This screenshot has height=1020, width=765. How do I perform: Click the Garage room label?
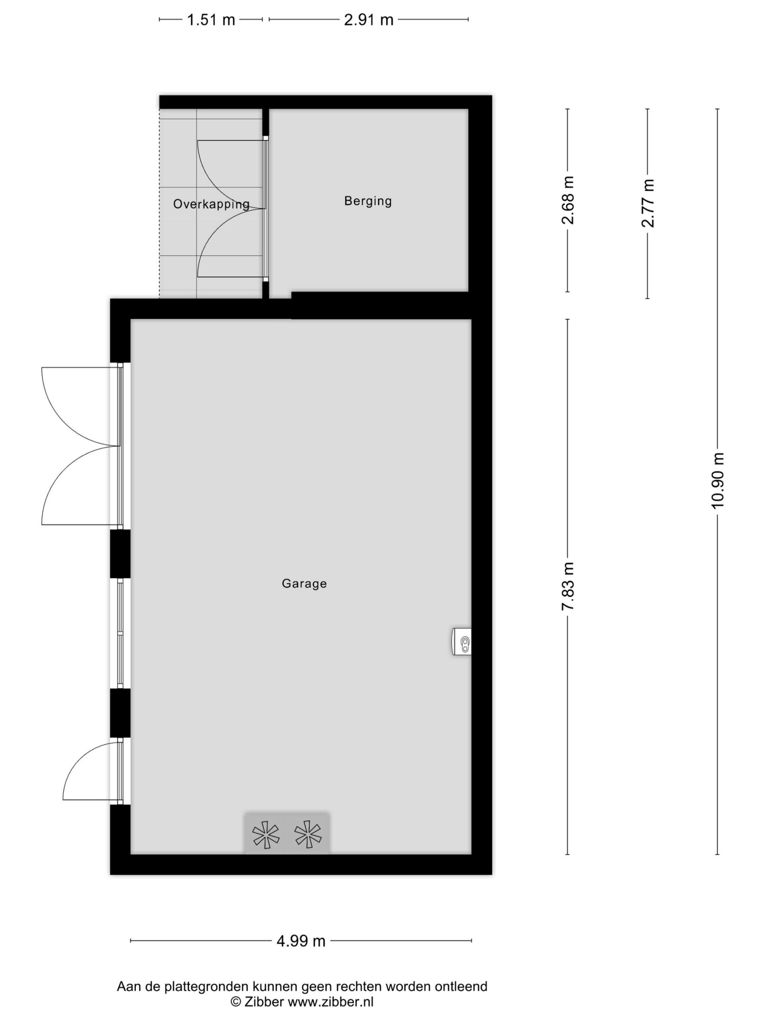tap(304, 584)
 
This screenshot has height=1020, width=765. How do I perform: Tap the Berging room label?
tap(368, 201)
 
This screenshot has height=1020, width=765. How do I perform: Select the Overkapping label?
tap(211, 204)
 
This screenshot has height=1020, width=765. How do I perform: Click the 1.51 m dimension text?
tap(211, 20)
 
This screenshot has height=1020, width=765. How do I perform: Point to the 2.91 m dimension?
tap(369, 20)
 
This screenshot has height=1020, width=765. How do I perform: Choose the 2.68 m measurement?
tap(568, 200)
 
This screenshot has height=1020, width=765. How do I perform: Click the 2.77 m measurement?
tap(648, 203)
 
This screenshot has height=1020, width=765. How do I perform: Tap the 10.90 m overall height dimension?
tap(718, 481)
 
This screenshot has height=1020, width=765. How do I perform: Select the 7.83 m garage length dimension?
tap(568, 586)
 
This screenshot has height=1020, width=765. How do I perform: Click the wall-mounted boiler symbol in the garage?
tap(461, 641)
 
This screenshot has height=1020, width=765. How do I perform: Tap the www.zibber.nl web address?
tap(331, 1002)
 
